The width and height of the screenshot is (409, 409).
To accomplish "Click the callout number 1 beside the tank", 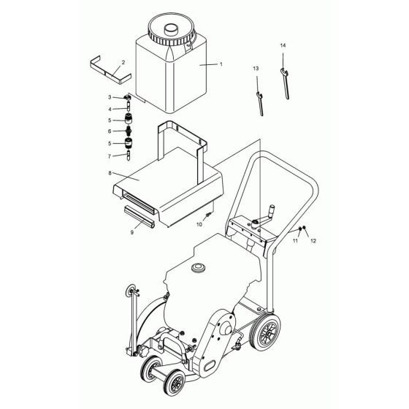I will (x=221, y=64).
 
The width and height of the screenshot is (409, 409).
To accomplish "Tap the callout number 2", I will (x=123, y=63).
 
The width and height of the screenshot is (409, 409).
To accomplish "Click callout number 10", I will (x=199, y=224).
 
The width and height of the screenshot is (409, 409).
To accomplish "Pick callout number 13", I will (x=256, y=68).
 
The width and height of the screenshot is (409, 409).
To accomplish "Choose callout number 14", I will (x=283, y=46).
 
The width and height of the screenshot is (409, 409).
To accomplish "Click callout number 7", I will (x=110, y=155).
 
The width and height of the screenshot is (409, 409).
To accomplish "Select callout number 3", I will (x=110, y=97).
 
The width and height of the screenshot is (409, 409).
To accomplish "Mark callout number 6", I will (x=110, y=131).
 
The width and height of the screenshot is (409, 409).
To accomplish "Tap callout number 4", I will (x=110, y=109).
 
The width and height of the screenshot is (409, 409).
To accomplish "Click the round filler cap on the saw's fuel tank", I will (x=197, y=268).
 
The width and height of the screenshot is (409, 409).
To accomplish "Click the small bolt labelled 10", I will (x=208, y=215).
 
